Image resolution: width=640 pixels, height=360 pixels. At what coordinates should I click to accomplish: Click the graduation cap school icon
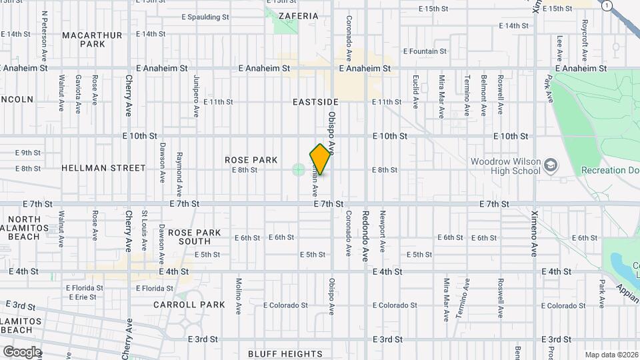pyautogui.click(x=551, y=164)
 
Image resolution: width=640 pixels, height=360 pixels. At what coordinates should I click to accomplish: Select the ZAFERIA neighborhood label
pyautogui.click(x=299, y=15)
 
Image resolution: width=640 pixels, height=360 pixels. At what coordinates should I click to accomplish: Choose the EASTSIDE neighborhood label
pyautogui.click(x=315, y=102)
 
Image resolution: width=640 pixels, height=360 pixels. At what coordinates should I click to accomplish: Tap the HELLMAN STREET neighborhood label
pyautogui.click(x=103, y=169)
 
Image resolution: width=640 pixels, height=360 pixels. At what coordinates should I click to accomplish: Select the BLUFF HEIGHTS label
pyautogui.click(x=285, y=353)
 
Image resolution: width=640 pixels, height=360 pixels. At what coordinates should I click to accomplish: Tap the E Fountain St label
pyautogui.click(x=425, y=51)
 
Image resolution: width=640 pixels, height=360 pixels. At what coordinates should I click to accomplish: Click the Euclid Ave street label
pyautogui.click(x=415, y=93)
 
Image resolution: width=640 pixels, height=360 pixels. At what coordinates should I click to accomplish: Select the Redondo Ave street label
pyautogui.click(x=365, y=236)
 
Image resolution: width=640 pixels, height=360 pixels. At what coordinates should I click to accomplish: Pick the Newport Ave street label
pyautogui.click(x=383, y=231)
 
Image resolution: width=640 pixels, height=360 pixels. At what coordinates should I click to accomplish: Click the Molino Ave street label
pyautogui.click(x=238, y=296)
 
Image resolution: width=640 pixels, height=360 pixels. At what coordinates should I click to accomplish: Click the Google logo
pyautogui.click(x=21, y=351)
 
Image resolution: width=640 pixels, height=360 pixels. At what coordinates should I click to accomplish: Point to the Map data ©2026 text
pyautogui.click(x=611, y=355)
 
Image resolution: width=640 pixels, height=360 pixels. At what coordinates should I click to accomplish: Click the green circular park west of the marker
pyautogui.click(x=298, y=169)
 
